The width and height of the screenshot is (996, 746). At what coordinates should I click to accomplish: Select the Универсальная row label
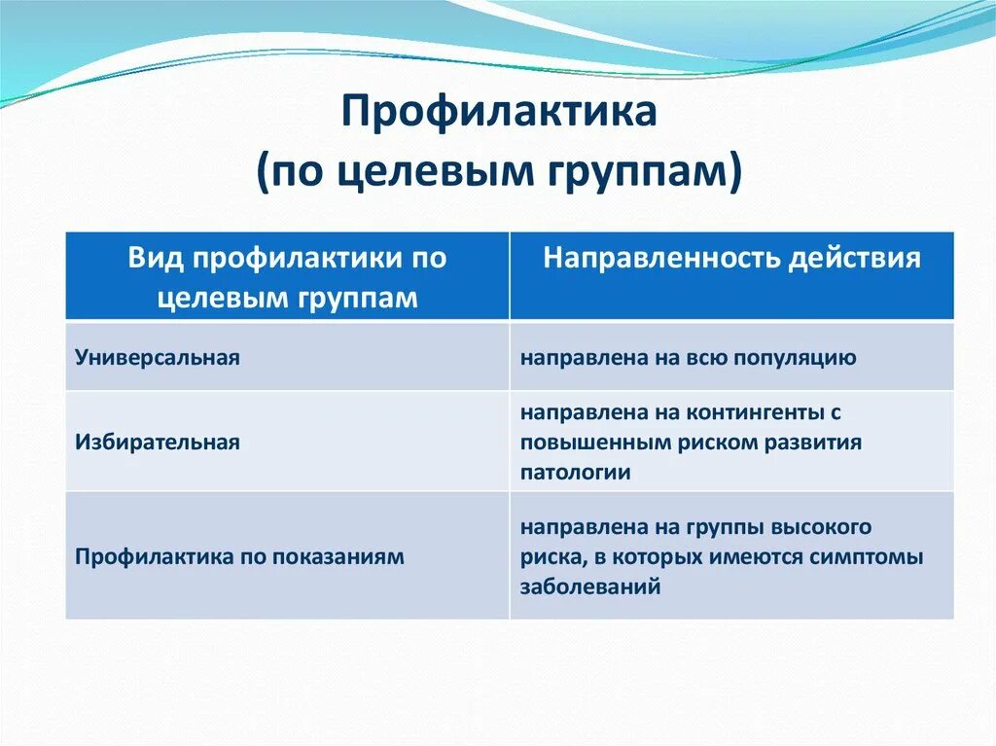(x=158, y=357)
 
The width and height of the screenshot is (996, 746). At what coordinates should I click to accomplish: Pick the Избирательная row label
(x=158, y=442)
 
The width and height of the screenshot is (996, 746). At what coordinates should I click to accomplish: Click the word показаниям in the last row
(x=338, y=556)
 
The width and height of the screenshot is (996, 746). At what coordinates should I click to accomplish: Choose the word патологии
(x=576, y=473)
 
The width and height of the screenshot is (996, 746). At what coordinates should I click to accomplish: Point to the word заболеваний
(x=590, y=586)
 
